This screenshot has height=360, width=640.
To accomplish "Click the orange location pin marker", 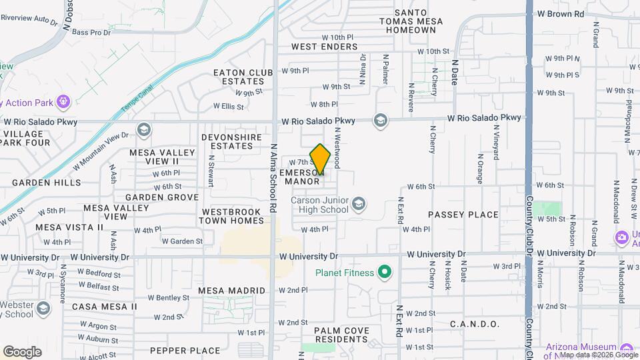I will point(320,159).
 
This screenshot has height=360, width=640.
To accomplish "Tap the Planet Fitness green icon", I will point(384,271).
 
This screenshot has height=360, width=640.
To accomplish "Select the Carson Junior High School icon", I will point(359,203).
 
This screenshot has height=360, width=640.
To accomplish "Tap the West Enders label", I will point(324,47).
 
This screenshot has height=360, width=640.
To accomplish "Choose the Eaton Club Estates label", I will point(243,77).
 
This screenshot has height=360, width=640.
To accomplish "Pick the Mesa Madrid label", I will point(231,291).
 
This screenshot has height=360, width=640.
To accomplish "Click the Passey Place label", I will point(463,215).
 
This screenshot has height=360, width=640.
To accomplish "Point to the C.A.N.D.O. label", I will point(475,324).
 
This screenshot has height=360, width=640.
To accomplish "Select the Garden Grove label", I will point(162,197).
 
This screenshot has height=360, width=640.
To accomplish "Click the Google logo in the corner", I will point(22,351).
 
